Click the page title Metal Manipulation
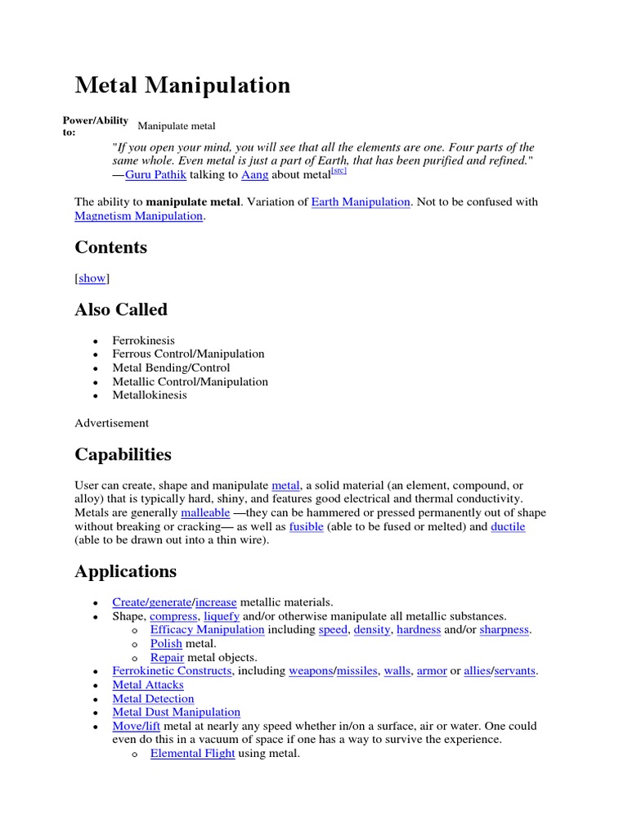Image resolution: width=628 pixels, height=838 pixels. (x=182, y=85)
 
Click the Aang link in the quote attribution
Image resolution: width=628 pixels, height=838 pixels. (x=254, y=175)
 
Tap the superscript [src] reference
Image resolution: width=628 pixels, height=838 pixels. (x=339, y=171)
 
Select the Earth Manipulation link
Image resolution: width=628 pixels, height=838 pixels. (x=361, y=202)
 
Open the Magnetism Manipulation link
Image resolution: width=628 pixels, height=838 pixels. (x=138, y=216)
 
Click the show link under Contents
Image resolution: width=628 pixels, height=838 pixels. (x=92, y=278)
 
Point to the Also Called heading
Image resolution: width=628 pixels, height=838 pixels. (x=121, y=309)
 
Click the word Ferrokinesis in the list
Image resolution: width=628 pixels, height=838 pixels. (x=143, y=340)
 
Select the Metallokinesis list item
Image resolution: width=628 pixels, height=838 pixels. (x=149, y=395)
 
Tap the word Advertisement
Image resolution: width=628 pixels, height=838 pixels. (x=111, y=423)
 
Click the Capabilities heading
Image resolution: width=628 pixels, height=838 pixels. (x=123, y=454)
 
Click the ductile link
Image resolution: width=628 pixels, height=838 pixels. (x=508, y=527)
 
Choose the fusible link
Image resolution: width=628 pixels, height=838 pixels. (x=307, y=527)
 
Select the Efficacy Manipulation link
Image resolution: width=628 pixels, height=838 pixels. (x=207, y=630)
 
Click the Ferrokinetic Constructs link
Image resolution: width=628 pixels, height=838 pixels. (x=172, y=671)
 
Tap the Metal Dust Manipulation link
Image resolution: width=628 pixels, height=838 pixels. (x=176, y=713)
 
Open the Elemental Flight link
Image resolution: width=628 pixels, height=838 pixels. (x=192, y=754)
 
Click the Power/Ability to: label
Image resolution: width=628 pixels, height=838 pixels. (x=95, y=126)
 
